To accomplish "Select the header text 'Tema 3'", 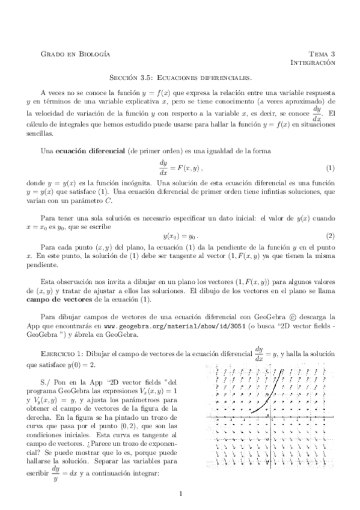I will pyautogui.click(x=322, y=54).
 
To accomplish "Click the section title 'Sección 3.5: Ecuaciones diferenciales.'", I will pyautogui.click(x=180, y=78).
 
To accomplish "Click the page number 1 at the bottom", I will pyautogui.click(x=180, y=495).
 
